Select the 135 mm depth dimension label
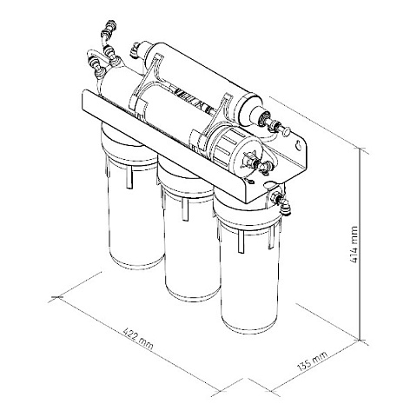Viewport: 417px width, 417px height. (312, 361)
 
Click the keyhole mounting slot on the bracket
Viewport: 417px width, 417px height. (298, 145)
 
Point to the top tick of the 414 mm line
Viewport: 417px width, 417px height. (361, 151)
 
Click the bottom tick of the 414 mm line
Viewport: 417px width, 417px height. (361, 340)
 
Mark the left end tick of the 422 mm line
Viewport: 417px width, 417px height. (56, 297)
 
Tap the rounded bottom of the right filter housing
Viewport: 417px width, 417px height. (249, 326)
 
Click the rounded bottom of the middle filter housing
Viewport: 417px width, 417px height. (192, 294)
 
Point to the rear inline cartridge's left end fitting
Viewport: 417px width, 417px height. (136, 50)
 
